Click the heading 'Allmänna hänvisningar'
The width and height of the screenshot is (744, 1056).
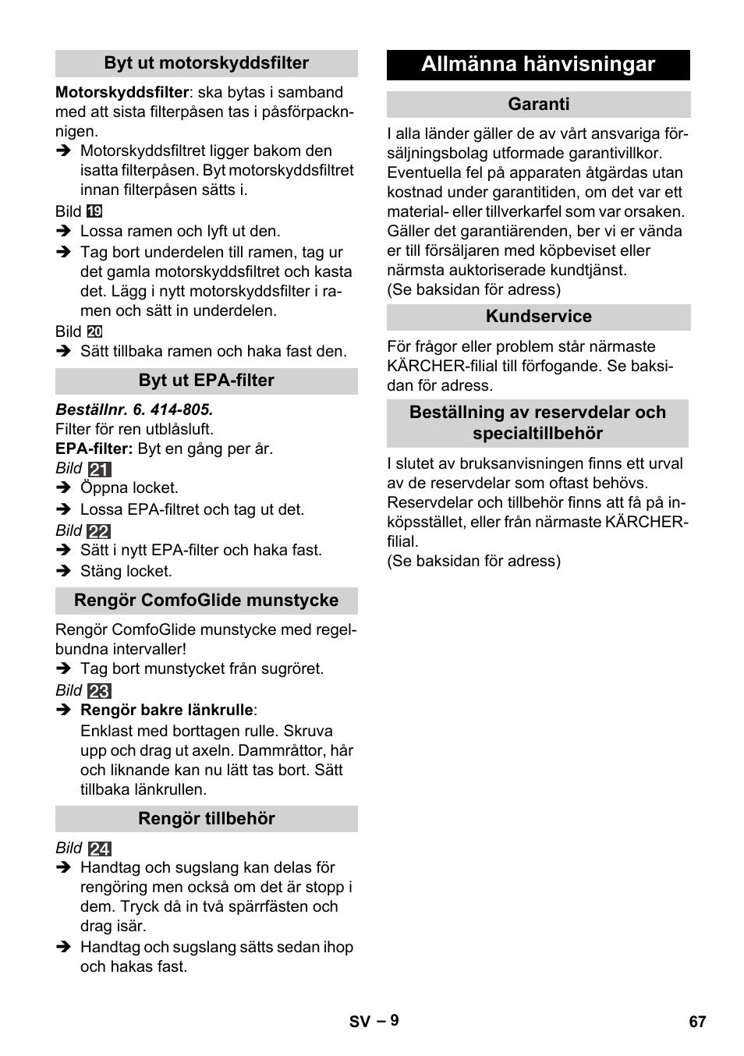[538, 65]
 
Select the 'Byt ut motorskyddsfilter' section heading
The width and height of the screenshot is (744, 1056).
[206, 63]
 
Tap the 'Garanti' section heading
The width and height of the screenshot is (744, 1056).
[538, 105]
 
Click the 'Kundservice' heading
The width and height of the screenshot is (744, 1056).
[538, 317]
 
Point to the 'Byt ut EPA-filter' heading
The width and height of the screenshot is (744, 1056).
[206, 381]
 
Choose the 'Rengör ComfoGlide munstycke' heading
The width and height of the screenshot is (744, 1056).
[206, 601]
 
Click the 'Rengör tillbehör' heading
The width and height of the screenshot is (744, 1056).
[206, 819]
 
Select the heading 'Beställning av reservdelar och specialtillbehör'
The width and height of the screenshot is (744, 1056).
[537, 423]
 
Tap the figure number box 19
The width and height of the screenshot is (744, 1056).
[94, 211]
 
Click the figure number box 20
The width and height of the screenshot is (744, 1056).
[94, 331]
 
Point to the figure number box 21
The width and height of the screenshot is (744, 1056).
[100, 470]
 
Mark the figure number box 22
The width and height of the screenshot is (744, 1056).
[99, 531]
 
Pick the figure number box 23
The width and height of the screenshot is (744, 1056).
[100, 691]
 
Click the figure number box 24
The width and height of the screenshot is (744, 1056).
[100, 849]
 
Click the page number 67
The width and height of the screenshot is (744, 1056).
[697, 1022]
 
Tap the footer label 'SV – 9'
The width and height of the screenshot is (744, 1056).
[374, 1021]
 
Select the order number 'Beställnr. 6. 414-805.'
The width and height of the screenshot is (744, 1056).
[134, 409]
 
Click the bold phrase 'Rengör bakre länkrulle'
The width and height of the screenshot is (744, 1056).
[167, 710]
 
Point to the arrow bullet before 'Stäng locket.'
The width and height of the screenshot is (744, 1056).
[64, 572]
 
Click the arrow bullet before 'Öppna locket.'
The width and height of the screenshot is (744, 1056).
[64, 488]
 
